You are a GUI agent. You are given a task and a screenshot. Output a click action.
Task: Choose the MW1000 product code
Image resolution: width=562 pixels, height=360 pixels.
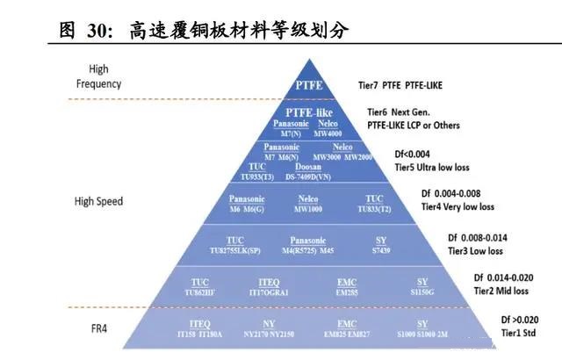pyautogui.click(x=308, y=208)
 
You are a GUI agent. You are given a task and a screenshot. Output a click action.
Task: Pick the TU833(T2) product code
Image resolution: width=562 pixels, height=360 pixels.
pyautogui.click(x=374, y=208)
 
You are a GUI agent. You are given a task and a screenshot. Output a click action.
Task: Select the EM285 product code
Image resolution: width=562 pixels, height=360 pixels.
pyautogui.click(x=346, y=291)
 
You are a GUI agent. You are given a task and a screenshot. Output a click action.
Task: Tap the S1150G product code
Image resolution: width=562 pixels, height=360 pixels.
pyautogui.click(x=423, y=291)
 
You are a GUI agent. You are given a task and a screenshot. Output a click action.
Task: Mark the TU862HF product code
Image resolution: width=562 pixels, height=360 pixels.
pyautogui.click(x=200, y=291)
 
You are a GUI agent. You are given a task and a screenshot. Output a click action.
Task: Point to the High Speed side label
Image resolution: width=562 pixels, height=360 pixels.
pyautogui.click(x=98, y=201)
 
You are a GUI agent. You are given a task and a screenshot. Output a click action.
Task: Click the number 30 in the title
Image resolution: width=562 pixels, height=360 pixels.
pyautogui.click(x=94, y=30)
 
